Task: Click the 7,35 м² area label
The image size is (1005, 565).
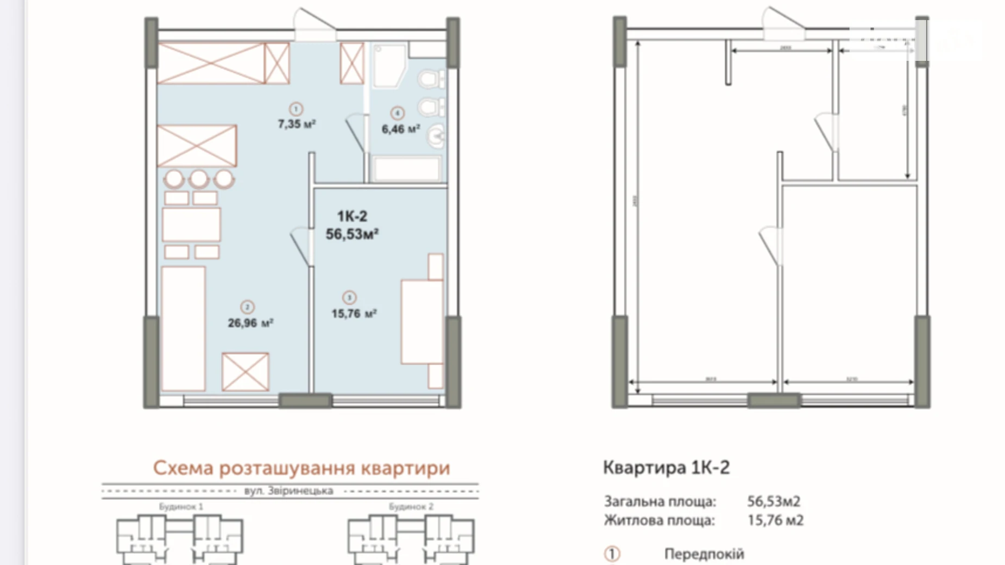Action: (x=297, y=124)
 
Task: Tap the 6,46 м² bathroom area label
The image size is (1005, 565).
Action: (x=400, y=129)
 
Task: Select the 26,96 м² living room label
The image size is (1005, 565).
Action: (x=250, y=323)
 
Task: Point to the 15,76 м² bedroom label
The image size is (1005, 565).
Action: (x=354, y=314)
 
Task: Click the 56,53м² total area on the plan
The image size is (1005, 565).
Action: (x=352, y=234)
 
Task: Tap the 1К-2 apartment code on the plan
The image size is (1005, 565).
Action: (x=352, y=216)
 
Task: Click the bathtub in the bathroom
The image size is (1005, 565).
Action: (x=407, y=169)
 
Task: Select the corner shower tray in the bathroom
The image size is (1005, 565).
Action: (x=388, y=65)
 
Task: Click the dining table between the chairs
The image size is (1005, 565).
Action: (x=191, y=224)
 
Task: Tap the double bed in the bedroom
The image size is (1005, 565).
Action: (x=422, y=321)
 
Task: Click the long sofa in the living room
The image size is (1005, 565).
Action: (x=183, y=328)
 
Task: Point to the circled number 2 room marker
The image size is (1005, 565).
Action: (x=247, y=307)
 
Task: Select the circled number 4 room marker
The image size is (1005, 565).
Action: (x=398, y=113)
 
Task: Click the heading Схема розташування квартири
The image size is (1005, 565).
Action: (x=301, y=468)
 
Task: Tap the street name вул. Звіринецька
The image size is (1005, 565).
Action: (x=288, y=491)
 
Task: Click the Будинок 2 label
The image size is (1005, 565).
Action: (x=411, y=507)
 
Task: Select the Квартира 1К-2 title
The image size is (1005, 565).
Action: (x=666, y=468)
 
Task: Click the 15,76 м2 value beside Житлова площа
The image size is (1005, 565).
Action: (x=775, y=520)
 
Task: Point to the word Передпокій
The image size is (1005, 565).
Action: (x=703, y=554)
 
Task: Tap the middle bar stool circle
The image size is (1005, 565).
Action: (x=199, y=178)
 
